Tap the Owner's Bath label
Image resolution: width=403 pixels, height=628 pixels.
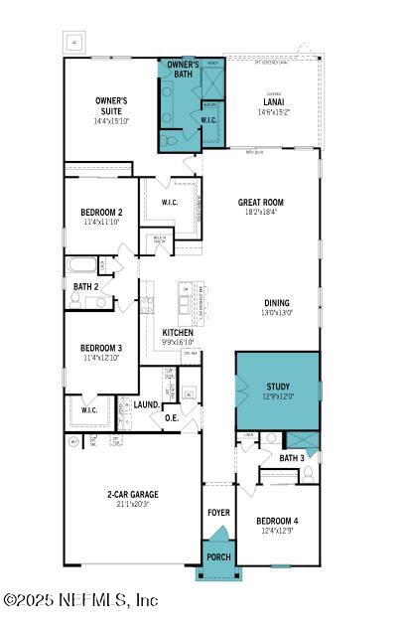point(182,69)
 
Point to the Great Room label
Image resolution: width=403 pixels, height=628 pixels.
point(260,202)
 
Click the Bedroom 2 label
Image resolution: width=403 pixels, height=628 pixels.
point(101,212)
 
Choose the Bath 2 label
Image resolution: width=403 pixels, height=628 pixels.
point(85,286)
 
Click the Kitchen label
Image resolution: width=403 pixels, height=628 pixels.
point(178,332)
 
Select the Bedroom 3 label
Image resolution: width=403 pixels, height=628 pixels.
point(101,347)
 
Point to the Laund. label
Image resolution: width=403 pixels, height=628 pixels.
point(147,404)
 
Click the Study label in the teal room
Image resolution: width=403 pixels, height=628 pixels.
point(278,387)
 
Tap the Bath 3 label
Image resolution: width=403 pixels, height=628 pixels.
point(291,458)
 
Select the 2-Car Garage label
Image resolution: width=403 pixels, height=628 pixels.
point(133,494)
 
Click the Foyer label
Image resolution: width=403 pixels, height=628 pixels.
point(218,513)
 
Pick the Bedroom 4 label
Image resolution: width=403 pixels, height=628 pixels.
point(277,521)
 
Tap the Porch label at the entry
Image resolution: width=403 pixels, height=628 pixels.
point(217,557)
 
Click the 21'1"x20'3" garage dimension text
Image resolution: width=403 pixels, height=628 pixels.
point(133,504)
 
